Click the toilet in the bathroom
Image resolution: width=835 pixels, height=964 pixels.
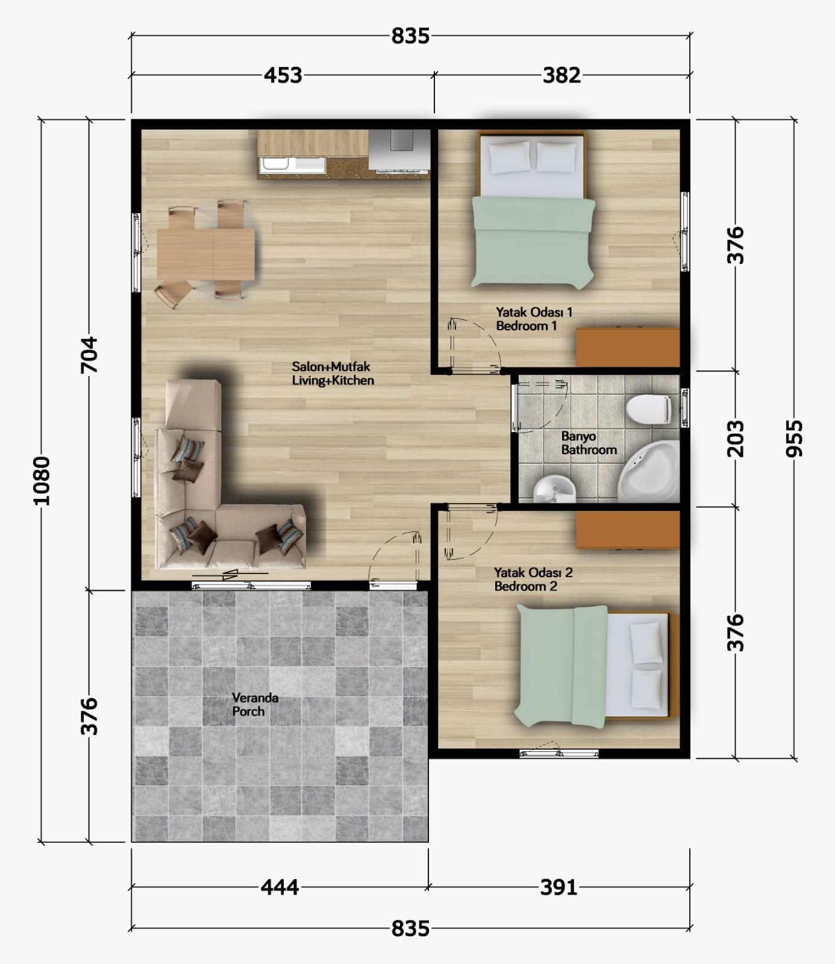point(649,410)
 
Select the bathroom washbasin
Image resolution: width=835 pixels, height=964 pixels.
point(555,489)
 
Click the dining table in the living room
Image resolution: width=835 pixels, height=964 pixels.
point(205,254)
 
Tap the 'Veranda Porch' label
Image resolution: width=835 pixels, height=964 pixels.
point(255,704)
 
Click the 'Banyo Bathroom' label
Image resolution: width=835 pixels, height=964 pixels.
point(589,443)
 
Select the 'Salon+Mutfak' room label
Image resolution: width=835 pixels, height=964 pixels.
point(331,366)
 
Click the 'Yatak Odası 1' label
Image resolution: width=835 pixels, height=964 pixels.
point(534,312)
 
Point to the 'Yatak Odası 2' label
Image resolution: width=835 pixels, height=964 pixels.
point(533,572)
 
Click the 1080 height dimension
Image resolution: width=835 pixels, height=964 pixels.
point(42,480)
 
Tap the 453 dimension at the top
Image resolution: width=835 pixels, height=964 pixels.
point(283,75)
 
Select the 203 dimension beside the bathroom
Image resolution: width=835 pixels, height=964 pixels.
point(736,439)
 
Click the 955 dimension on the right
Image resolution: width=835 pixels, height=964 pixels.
point(795,438)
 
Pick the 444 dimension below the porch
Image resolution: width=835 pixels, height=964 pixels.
point(280,887)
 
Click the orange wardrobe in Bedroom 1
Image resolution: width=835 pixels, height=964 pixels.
point(628,347)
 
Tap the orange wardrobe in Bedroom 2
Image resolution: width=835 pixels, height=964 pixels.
point(628,530)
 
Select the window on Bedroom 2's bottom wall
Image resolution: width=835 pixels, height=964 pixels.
point(559,753)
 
